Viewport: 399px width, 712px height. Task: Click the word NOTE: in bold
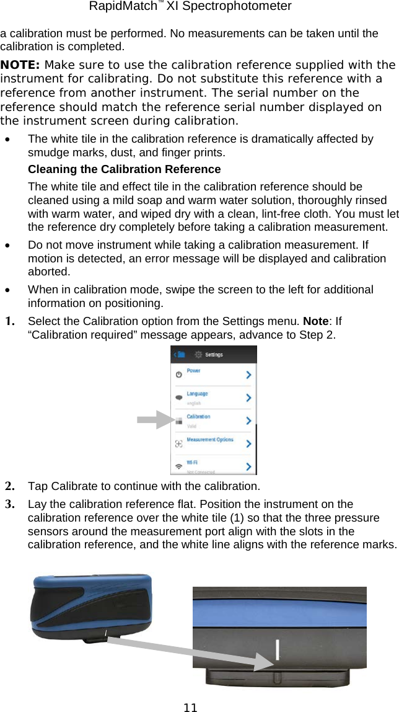click(21, 65)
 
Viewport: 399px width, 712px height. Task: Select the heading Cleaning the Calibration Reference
click(124, 169)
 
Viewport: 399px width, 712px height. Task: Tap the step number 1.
click(11, 322)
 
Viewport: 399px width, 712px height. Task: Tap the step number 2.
click(11, 486)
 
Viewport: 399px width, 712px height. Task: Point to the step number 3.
click(11, 504)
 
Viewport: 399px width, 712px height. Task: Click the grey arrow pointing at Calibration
click(155, 420)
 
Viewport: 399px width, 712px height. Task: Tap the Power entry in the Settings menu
click(194, 371)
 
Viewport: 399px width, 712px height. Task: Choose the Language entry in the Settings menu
click(198, 394)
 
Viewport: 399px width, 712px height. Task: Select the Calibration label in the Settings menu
click(199, 417)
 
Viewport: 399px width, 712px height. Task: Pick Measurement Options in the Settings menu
click(210, 440)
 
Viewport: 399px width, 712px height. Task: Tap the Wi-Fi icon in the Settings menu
click(179, 465)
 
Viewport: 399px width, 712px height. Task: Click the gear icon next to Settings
click(199, 355)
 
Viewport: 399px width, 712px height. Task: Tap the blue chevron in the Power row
click(248, 375)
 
